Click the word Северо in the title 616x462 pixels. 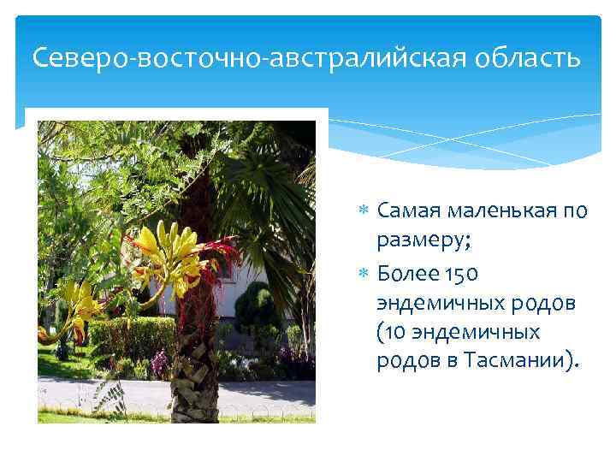tap(69, 58)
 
